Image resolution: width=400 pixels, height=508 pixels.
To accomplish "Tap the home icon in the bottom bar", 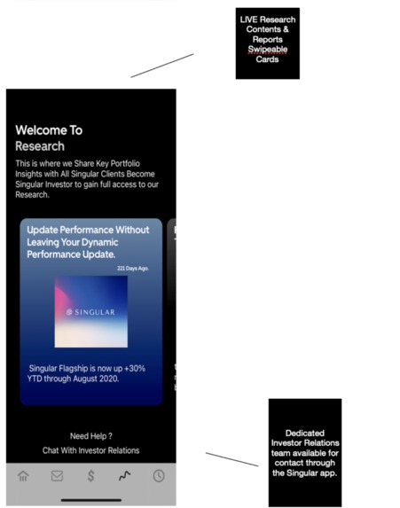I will tap(23, 476).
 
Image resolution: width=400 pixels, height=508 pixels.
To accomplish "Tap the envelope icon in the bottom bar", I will tap(57, 476).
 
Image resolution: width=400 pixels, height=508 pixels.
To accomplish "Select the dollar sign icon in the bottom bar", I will tap(90, 476).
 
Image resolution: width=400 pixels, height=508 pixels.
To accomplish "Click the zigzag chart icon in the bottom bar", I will tap(125, 476).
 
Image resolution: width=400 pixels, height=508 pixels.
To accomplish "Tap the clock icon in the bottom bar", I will tap(158, 476).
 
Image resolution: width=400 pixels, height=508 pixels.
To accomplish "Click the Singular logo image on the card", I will tap(90, 311).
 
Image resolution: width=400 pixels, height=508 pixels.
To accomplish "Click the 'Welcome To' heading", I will tap(49, 130).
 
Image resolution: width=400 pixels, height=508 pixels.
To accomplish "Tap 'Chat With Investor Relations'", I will tap(90, 450).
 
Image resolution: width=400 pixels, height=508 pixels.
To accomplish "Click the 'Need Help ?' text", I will tap(90, 435).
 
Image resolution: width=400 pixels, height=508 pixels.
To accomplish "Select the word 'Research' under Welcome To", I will tap(40, 146).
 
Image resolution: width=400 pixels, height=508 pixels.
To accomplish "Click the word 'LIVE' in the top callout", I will tap(250, 20).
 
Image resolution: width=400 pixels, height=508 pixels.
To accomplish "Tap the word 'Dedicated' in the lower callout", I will tap(304, 432).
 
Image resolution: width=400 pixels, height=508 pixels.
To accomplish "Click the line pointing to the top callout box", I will tap(162, 65).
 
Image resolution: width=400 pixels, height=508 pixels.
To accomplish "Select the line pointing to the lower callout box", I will tap(231, 459).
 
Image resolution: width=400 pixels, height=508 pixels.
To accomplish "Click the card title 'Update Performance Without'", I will tap(89, 231).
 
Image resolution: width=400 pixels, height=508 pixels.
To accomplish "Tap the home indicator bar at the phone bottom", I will tap(90, 500).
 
